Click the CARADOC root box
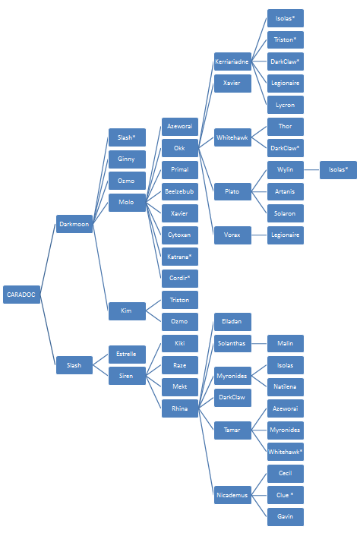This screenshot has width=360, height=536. coord(21,295)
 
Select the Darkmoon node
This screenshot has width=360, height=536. coord(74,224)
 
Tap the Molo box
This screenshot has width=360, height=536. coord(127,203)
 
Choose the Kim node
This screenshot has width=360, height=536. coord(127,311)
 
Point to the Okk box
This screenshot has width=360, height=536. coord(180,148)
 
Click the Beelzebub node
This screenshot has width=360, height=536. coord(180,191)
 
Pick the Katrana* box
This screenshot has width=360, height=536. coord(180,257)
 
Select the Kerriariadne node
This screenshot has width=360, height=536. coord(232,61)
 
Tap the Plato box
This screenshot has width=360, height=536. coord(232,191)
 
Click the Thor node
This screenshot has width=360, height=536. coord(286,127)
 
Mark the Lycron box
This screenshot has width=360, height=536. coord(286,105)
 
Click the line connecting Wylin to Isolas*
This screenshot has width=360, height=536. coord(312,169)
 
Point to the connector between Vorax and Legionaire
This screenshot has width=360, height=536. coord(259,235)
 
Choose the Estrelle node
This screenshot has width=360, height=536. coord(127,354)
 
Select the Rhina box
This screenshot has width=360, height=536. coord(180,408)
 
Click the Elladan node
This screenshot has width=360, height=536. coord(232,322)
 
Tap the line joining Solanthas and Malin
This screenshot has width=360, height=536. coord(259,343)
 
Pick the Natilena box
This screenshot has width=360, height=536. coord(286,386)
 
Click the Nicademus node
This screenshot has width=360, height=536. coord(232,495)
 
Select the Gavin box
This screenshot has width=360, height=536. coord(286,516)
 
